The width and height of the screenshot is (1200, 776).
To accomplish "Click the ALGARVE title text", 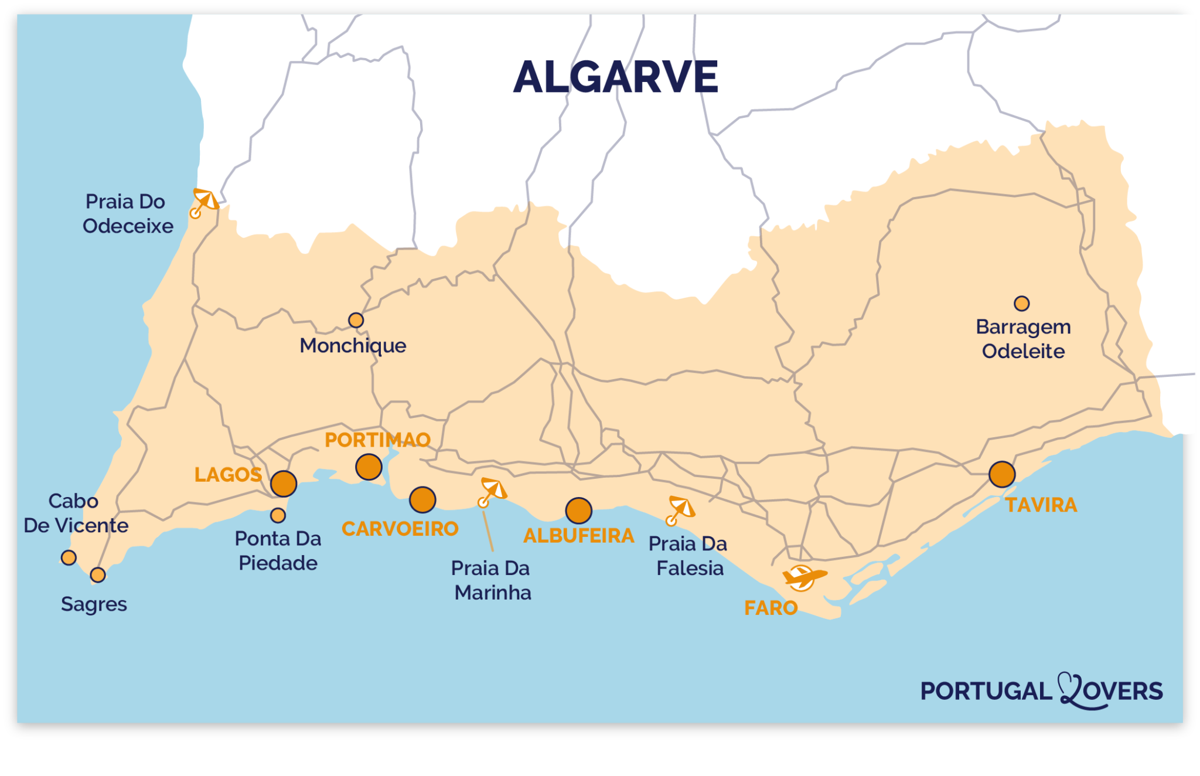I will [615, 77].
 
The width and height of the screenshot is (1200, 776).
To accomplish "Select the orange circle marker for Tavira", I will [1002, 474].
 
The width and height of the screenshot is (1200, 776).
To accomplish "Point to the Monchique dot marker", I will [356, 320].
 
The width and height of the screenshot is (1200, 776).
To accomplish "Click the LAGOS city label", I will [228, 475].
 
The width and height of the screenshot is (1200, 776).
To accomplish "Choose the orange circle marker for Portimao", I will [369, 467].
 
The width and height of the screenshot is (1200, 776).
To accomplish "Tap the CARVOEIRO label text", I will [400, 529].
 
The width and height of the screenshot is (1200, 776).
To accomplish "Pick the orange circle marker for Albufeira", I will [578, 510].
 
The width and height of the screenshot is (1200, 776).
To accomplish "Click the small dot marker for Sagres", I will [98, 575].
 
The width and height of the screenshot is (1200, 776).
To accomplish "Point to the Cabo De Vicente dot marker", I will [69, 557].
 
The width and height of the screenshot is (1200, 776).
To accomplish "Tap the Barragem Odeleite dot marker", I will [1021, 304].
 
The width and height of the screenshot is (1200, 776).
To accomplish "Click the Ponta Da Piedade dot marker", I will [278, 515].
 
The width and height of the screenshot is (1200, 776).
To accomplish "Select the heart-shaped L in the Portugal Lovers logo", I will [1072, 690].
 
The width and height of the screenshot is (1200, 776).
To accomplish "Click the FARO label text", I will [771, 608].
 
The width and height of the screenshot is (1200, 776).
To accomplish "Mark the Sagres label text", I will [94, 604].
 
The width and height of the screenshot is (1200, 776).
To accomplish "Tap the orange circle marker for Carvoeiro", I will [422, 500].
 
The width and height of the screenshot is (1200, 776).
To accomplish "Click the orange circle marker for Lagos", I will [284, 484].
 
